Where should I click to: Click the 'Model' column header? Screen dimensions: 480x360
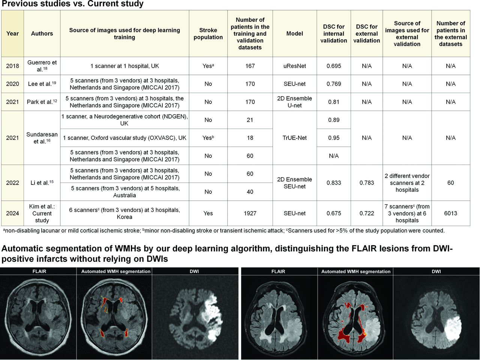294,33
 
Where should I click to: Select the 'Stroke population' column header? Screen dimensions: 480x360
208,33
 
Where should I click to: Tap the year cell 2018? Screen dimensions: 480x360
12,66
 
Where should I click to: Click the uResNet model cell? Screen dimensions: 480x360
294,66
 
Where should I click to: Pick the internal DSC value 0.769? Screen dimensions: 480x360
334,84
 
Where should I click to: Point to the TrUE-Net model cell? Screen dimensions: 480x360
294,138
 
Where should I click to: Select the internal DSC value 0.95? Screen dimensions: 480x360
334,138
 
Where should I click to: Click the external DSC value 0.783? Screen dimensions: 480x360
367,183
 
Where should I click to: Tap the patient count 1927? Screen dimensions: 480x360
250,213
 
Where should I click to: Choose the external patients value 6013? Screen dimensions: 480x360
450,213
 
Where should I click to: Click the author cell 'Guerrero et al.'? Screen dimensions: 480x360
42,66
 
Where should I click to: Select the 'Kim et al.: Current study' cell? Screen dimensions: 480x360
42,213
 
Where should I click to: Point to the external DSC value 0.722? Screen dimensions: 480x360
367,213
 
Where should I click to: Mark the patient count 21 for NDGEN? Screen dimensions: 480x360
250,120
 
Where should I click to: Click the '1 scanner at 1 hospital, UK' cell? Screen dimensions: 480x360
124,66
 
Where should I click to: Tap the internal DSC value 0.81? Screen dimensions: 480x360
334,102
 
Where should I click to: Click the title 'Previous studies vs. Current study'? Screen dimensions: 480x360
72,4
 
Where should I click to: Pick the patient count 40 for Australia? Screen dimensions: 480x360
250,192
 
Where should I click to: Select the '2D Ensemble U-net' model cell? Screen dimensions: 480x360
294,102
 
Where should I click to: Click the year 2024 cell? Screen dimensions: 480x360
12,213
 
